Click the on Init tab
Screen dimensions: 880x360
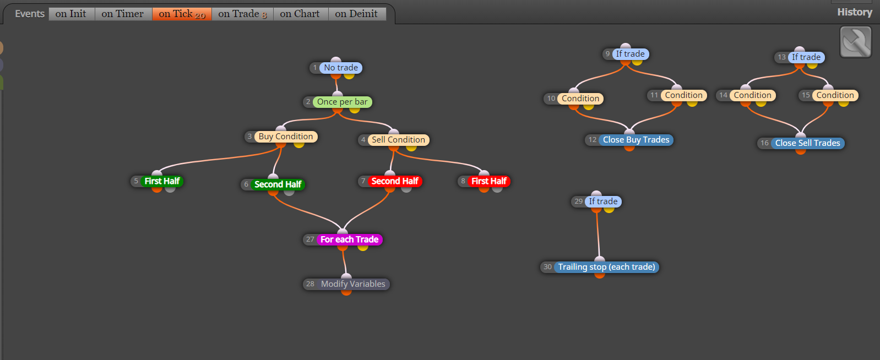(71, 14)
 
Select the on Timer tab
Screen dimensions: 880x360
(123, 14)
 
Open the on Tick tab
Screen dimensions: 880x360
(182, 14)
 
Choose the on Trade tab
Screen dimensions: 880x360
(242, 14)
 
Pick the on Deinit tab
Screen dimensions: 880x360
(357, 14)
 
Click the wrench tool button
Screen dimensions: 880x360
(856, 42)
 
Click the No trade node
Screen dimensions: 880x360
(341, 68)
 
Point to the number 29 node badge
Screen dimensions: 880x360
(578, 201)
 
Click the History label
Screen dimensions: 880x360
(855, 12)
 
